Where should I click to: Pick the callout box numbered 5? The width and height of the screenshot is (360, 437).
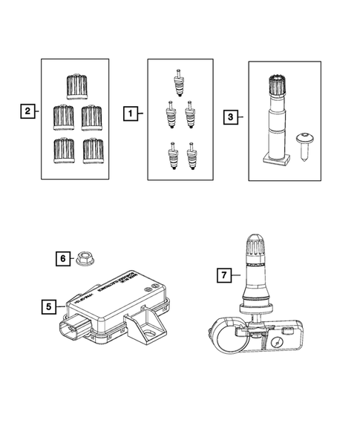coord(48,305)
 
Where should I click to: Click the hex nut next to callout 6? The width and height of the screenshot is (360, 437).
coord(83,260)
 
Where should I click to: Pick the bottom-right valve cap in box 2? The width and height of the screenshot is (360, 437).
coord(92,150)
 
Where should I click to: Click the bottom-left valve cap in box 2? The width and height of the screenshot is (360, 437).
coord(62,151)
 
